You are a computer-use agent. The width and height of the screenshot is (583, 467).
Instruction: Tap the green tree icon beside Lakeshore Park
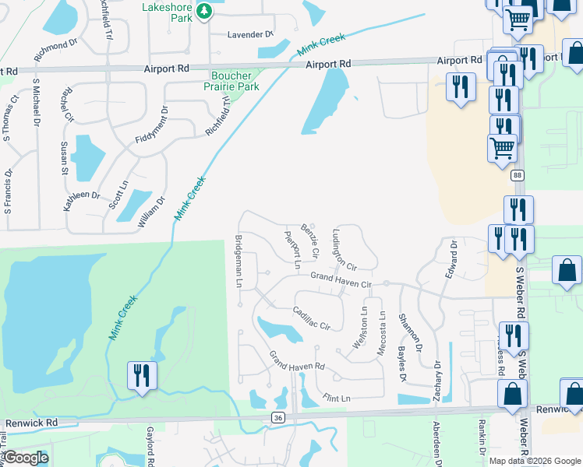pos(204,11)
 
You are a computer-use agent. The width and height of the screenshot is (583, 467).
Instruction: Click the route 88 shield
pos(518,176)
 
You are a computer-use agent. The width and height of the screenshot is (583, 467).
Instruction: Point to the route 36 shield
pos(278,418)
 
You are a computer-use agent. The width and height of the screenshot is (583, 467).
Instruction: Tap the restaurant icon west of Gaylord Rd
pos(143,376)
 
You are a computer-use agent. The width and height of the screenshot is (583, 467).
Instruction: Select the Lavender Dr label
pos(249,35)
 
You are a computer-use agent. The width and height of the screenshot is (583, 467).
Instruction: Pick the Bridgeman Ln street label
pos(238,261)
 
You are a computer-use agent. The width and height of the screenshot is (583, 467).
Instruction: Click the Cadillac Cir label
pos(313,318)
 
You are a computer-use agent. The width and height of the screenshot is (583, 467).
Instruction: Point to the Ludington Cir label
pos(344,248)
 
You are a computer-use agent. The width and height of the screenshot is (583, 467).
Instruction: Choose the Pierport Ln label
pos(292,249)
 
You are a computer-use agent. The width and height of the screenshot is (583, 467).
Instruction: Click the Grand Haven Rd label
pos(297,361)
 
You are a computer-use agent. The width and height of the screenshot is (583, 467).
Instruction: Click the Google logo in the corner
pos(26,458)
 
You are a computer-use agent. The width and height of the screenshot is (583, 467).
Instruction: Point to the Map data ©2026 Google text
pos(535,461)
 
